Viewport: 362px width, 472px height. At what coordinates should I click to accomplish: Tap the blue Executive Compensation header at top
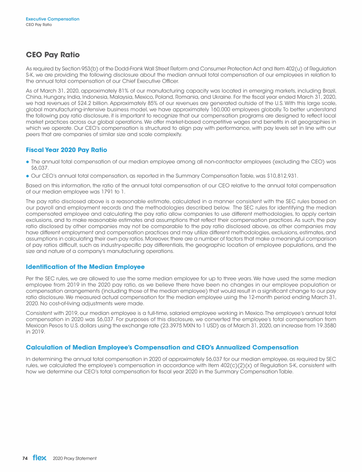tap(52, 19)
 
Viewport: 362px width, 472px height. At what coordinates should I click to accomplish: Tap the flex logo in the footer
tap(39, 458)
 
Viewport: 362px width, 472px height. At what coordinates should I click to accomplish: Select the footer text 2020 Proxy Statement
tap(75, 458)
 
